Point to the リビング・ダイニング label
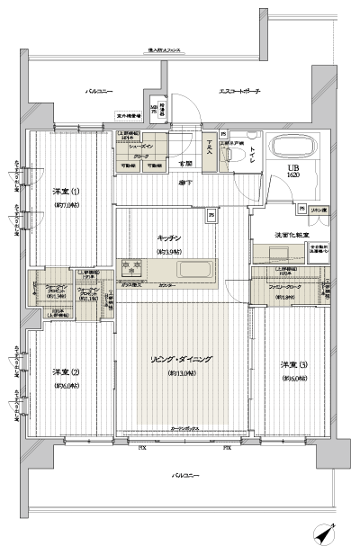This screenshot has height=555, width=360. click(181, 359)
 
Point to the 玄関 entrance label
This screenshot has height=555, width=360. click(184, 164)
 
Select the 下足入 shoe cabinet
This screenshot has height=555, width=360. click(209, 147)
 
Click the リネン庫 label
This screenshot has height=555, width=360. click(318, 210)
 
